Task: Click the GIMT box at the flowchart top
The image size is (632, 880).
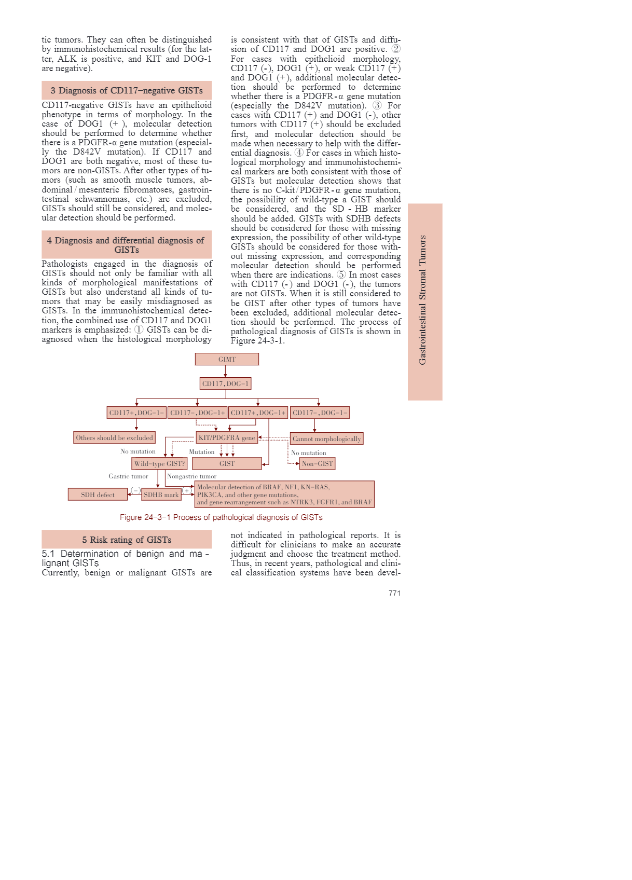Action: pos(227,359)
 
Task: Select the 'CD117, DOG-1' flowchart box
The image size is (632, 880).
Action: pos(225,383)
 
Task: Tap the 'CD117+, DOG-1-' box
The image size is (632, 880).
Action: pos(136,412)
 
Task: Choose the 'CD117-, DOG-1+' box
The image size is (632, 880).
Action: pos(197,412)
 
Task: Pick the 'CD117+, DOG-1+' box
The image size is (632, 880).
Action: pos(258,412)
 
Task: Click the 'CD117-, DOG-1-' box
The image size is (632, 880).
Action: pos(320,412)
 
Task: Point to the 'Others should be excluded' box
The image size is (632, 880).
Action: pos(114,437)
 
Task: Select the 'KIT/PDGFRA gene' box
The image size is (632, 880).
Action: pos(227,437)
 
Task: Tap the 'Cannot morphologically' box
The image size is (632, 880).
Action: pos(326,438)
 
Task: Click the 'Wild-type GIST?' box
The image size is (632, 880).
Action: pos(159,463)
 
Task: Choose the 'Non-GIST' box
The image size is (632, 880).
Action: pos(318,463)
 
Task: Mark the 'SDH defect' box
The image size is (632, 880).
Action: pos(98,494)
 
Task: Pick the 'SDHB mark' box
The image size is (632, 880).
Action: pos(161,494)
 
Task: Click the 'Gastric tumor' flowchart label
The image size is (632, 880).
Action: pos(128,476)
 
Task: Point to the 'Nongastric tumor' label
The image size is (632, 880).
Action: pos(191,476)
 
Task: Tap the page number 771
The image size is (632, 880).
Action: pos(394,593)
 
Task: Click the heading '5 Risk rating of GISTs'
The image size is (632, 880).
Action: pos(127,540)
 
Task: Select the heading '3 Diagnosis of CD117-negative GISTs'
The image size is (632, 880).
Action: pos(127,90)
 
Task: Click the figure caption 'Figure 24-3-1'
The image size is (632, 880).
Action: pos(221,517)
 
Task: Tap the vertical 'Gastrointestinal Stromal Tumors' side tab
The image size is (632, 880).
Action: pos(424,301)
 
